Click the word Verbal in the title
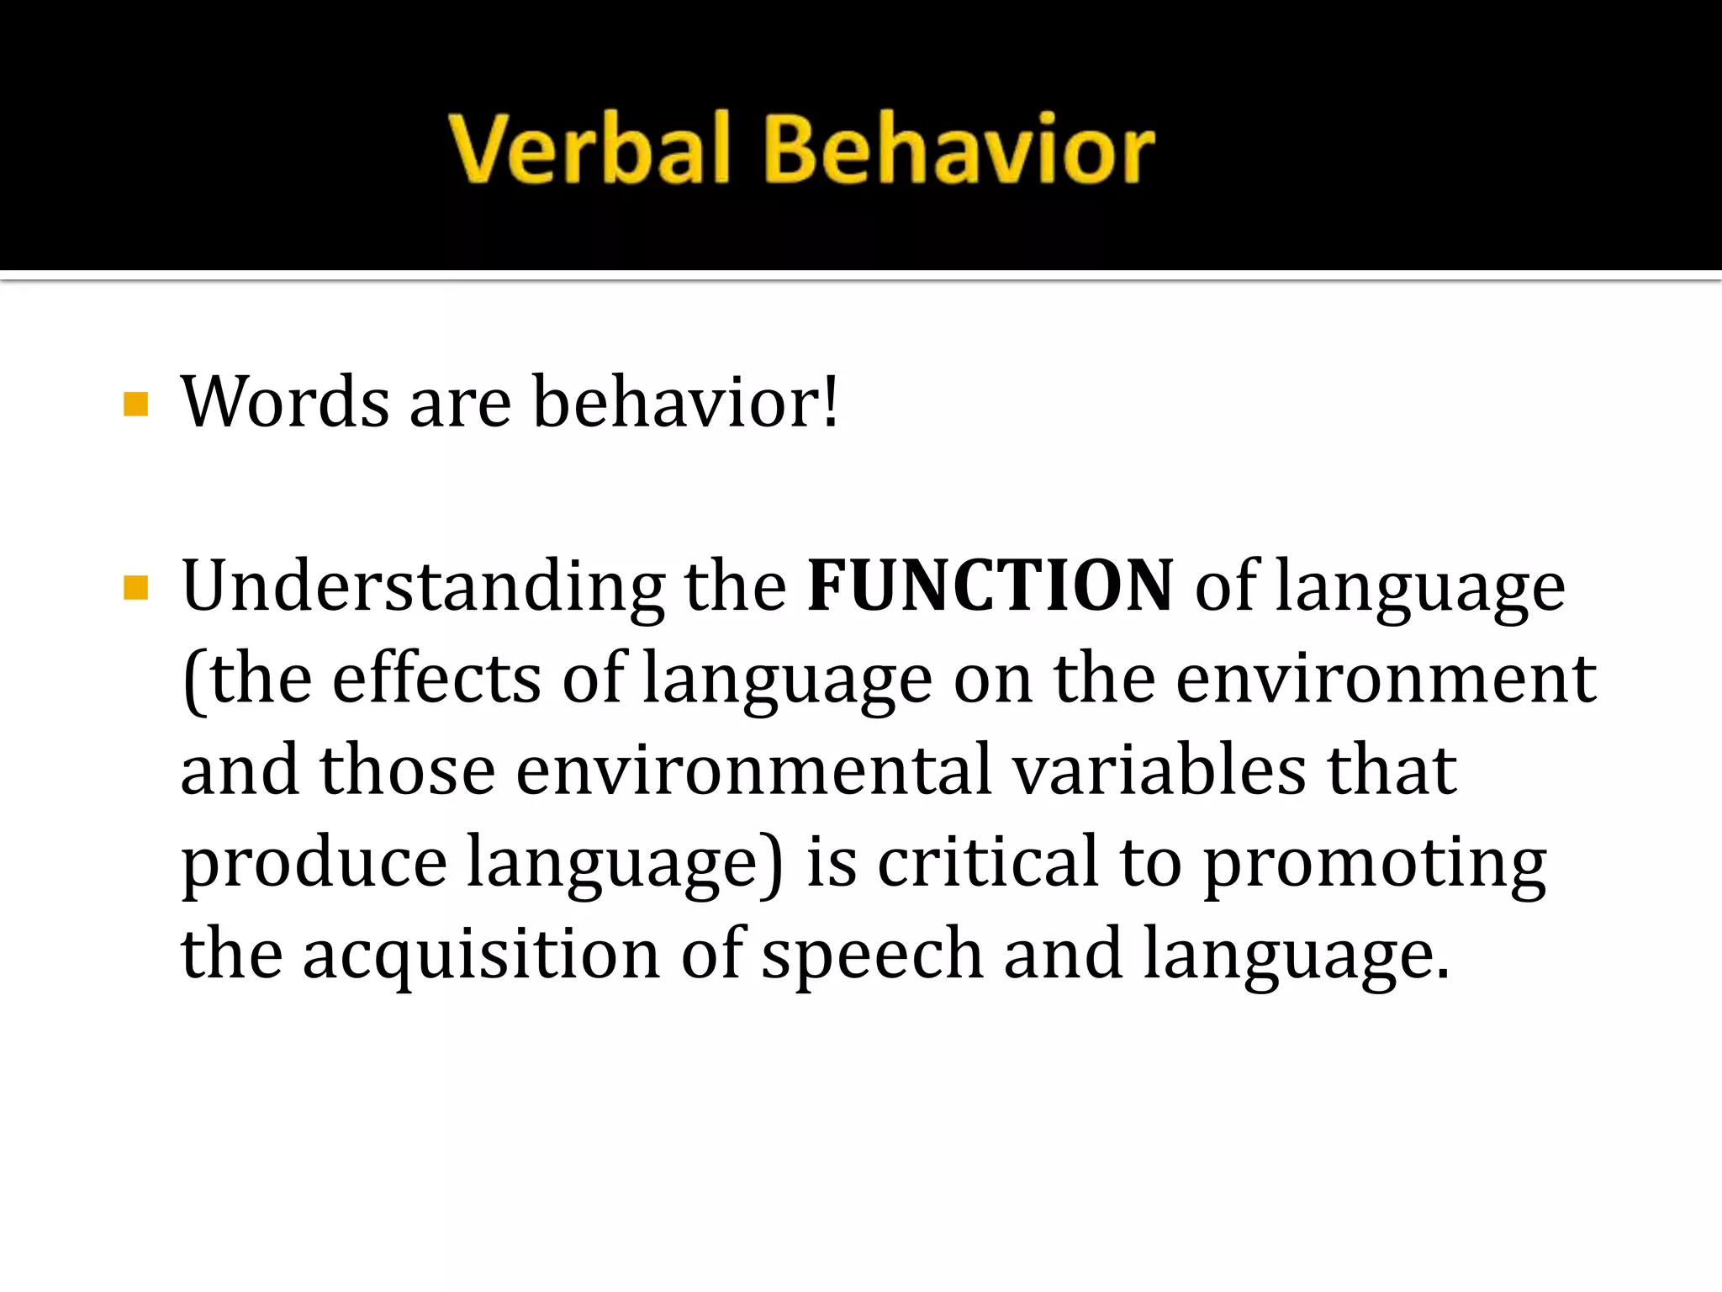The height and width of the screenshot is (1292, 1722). (589, 150)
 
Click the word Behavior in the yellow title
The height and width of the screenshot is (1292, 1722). (959, 150)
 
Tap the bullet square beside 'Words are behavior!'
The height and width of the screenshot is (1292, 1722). (135, 405)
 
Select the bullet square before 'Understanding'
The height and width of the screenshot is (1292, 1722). (135, 587)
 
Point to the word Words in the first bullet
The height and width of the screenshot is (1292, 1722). (286, 402)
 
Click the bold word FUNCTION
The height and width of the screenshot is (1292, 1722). (990, 585)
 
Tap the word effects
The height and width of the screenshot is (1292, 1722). (437, 678)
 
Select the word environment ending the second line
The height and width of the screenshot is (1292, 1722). (1386, 678)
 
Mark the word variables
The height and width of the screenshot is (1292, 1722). (1160, 770)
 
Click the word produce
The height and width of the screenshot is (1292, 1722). (314, 863)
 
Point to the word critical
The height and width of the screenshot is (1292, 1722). (988, 861)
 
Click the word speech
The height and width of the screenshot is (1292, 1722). (872, 955)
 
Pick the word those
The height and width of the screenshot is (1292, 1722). (408, 770)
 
